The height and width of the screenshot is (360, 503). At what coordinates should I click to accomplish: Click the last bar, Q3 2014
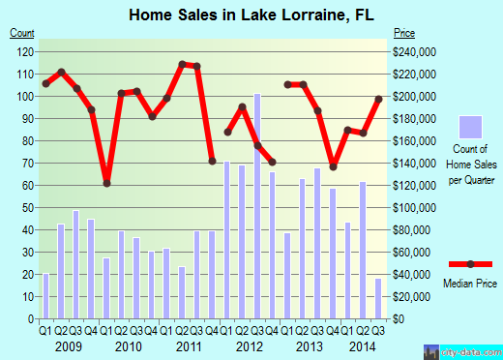coord(378,299)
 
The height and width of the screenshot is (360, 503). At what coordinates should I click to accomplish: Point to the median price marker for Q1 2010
coord(106,183)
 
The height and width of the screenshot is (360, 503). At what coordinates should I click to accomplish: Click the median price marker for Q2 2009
coord(61,73)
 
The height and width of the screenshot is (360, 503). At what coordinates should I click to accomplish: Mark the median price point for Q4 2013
coord(333,166)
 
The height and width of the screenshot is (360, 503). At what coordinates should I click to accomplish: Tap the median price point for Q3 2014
coord(378,100)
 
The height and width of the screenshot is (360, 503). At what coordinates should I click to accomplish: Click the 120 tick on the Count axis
coord(27,51)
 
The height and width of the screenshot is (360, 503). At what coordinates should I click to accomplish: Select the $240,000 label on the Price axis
coord(413,51)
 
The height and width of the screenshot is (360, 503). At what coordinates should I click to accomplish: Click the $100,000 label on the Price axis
coord(413,208)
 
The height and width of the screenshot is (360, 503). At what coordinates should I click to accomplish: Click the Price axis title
coord(402,33)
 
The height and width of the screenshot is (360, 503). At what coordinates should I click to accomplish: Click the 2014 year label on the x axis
coord(363,346)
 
